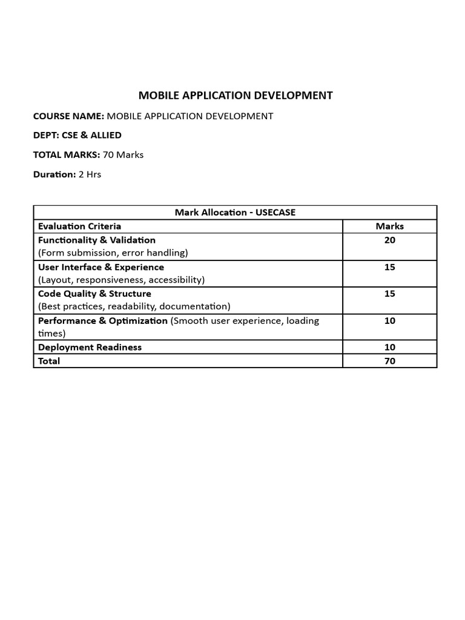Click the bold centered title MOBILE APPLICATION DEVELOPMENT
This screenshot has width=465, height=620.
coord(236,95)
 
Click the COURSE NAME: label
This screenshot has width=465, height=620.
coord(69,116)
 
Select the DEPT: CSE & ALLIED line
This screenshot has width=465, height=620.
coord(77,135)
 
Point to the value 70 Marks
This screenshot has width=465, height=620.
coord(124,154)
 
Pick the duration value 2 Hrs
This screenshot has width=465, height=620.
coord(90,174)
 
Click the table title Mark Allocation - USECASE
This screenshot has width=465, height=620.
coord(235,213)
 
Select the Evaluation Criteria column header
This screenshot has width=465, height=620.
coord(79,226)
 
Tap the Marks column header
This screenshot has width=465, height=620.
coord(389,226)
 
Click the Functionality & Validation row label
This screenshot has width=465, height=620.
coord(97,240)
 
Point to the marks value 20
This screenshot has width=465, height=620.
coord(389,240)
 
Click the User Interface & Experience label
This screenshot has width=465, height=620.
coord(101,267)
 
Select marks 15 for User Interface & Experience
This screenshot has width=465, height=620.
coord(389,267)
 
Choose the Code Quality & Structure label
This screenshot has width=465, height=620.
coord(94,294)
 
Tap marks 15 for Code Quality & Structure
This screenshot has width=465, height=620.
coord(389,294)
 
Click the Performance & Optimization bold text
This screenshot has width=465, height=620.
coord(103,320)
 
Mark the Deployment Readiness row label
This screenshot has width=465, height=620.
coord(90,347)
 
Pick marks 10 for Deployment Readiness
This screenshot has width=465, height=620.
coord(389,347)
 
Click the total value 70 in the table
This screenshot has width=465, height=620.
coord(389,361)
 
